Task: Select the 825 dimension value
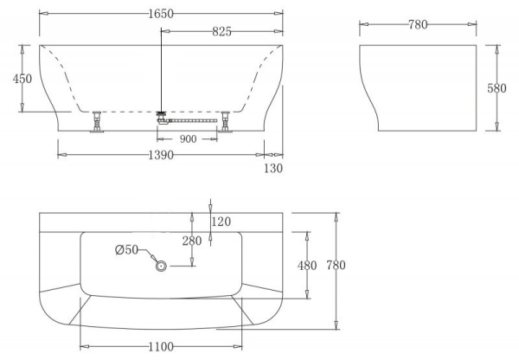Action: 221,32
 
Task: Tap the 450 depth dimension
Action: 22,79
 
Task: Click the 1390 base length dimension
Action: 161,155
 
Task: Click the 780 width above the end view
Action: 418,24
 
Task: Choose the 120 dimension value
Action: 222,222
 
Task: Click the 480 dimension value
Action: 307,265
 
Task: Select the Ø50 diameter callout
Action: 127,250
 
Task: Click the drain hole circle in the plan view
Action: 161,267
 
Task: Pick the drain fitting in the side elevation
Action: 161,113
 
